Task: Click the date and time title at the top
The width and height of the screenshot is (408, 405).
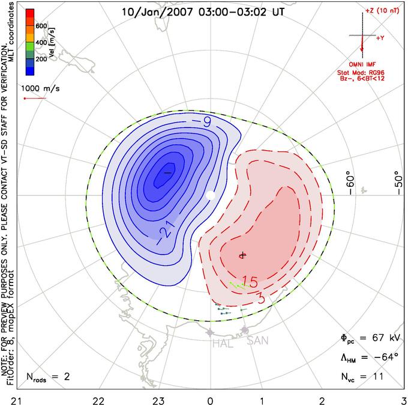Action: coord(203,12)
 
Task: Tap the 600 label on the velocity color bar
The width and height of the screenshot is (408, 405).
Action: coord(41,26)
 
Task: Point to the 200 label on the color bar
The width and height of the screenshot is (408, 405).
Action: coord(41,59)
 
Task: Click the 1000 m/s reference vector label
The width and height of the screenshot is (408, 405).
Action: coord(40,88)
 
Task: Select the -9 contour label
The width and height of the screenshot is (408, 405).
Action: coord(202,122)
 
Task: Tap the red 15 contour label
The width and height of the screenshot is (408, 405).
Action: coord(250,282)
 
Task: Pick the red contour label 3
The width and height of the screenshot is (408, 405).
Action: coord(261,298)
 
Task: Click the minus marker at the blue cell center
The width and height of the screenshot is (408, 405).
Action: coord(168,172)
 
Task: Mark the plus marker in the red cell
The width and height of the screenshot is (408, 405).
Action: coord(243,255)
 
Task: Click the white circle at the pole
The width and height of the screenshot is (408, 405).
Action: coord(211,195)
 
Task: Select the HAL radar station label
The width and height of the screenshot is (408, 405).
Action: coord(223,344)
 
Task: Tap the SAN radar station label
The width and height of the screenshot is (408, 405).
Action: coord(257,341)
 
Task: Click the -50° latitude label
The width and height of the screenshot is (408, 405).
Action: coord(398,183)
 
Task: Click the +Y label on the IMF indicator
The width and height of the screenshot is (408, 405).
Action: coord(380,38)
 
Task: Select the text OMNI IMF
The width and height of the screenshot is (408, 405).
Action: coord(362,64)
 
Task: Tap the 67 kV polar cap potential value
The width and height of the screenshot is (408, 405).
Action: coord(386,338)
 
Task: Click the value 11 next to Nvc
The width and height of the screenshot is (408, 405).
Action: coord(377,377)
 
